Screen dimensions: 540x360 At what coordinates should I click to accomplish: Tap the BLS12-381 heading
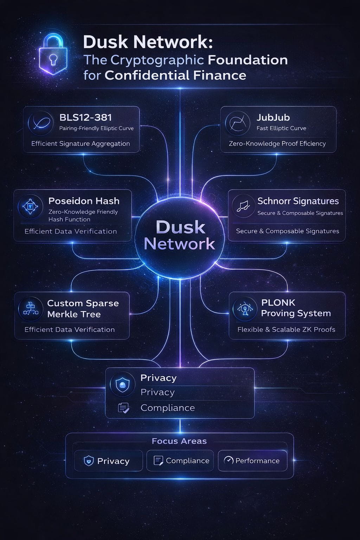pyautogui.click(x=85, y=117)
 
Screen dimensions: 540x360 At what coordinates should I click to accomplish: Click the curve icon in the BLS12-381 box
pyautogui.click(x=41, y=124)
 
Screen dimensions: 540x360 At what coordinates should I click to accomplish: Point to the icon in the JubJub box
pyautogui.click(x=238, y=123)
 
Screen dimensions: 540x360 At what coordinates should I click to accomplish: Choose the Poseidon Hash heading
pyautogui.click(x=84, y=201)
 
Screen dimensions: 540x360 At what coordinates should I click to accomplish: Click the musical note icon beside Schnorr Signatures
pyautogui.click(x=243, y=206)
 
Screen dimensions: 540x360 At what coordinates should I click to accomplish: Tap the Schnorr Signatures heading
pyautogui.click(x=298, y=201)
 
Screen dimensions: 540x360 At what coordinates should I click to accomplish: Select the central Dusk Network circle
pyautogui.click(x=180, y=235)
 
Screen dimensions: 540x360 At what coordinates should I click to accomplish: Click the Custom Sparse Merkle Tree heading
pyautogui.click(x=83, y=308)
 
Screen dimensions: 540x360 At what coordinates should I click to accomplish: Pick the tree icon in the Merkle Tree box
pyautogui.click(x=31, y=308)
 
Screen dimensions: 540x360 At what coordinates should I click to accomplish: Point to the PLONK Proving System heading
pyautogui.click(x=296, y=308)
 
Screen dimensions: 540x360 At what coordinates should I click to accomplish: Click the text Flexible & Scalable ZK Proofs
pyautogui.click(x=286, y=329)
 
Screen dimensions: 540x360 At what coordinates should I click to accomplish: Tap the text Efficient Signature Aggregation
pyautogui.click(x=81, y=143)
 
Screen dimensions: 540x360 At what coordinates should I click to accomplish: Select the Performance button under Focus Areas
pyautogui.click(x=252, y=461)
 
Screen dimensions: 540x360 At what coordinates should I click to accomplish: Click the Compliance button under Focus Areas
pyautogui.click(x=182, y=461)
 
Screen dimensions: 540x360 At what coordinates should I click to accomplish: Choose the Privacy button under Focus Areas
pyautogui.click(x=108, y=461)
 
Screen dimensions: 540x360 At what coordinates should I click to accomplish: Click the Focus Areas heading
pyautogui.click(x=179, y=441)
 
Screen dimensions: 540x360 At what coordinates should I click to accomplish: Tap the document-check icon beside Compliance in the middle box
pyautogui.click(x=123, y=408)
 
